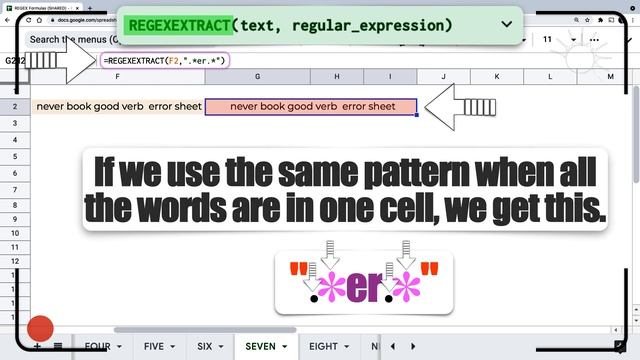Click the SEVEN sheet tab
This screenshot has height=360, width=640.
point(260,347)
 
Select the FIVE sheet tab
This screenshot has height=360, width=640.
point(154,347)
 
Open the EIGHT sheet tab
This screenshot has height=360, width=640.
point(323,347)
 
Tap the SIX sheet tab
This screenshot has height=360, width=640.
point(204,347)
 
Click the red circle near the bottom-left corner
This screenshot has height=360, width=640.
point(40,329)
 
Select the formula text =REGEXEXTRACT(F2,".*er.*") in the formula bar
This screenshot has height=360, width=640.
point(166,61)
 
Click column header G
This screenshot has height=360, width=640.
point(257,77)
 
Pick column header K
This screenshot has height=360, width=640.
point(497,77)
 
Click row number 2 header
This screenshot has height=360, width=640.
point(14,106)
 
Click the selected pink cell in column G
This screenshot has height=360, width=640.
point(311,106)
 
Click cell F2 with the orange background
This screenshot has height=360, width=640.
point(118,106)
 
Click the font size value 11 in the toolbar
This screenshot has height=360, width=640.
point(547,39)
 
